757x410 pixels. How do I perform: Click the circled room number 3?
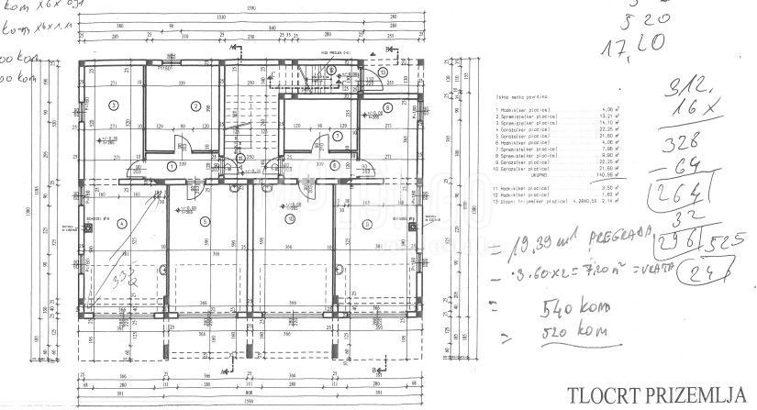[113, 105]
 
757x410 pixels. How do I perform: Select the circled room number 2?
[195, 105]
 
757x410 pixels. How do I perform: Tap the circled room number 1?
[173, 165]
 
